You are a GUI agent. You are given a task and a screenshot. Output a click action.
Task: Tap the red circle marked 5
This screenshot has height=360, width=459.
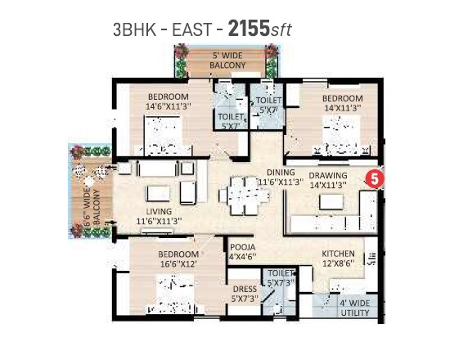373,177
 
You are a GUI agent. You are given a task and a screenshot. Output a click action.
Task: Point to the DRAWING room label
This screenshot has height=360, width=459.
327,180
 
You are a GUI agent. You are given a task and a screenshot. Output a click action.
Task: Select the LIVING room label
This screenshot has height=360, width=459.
157,215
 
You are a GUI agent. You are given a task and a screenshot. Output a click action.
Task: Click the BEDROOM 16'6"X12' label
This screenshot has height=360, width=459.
178,259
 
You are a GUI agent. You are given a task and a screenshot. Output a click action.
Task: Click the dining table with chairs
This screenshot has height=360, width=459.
241,195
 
